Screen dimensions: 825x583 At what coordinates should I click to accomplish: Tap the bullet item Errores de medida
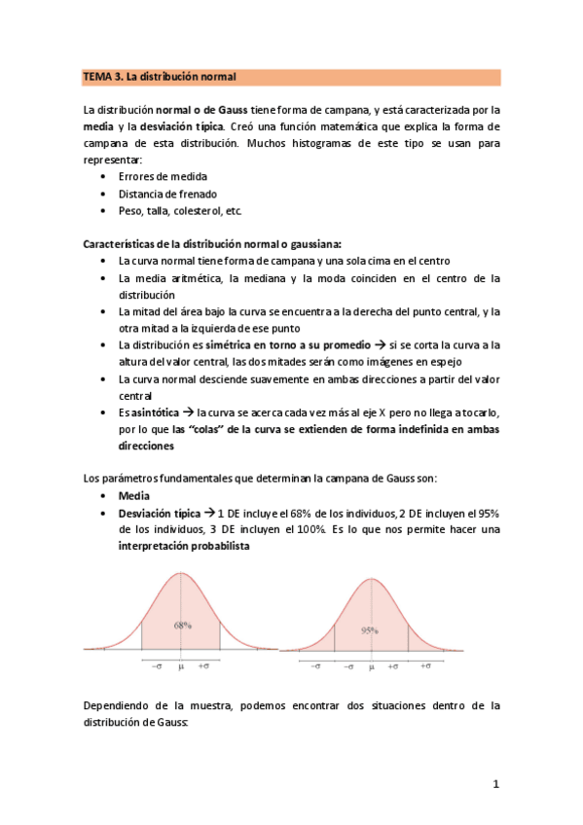[161, 177]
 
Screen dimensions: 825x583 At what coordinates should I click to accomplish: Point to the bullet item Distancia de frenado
[167, 194]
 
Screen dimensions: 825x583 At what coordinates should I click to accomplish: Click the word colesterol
[200, 210]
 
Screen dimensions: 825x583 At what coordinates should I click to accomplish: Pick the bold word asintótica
[149, 412]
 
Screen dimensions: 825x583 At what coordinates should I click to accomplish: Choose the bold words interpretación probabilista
[183, 546]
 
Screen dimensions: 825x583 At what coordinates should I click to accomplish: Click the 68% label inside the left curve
[182, 626]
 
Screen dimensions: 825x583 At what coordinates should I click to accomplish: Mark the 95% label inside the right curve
[370, 629]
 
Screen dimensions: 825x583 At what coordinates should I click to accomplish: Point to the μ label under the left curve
[180, 666]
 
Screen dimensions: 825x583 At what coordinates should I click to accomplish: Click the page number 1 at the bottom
[494, 783]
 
